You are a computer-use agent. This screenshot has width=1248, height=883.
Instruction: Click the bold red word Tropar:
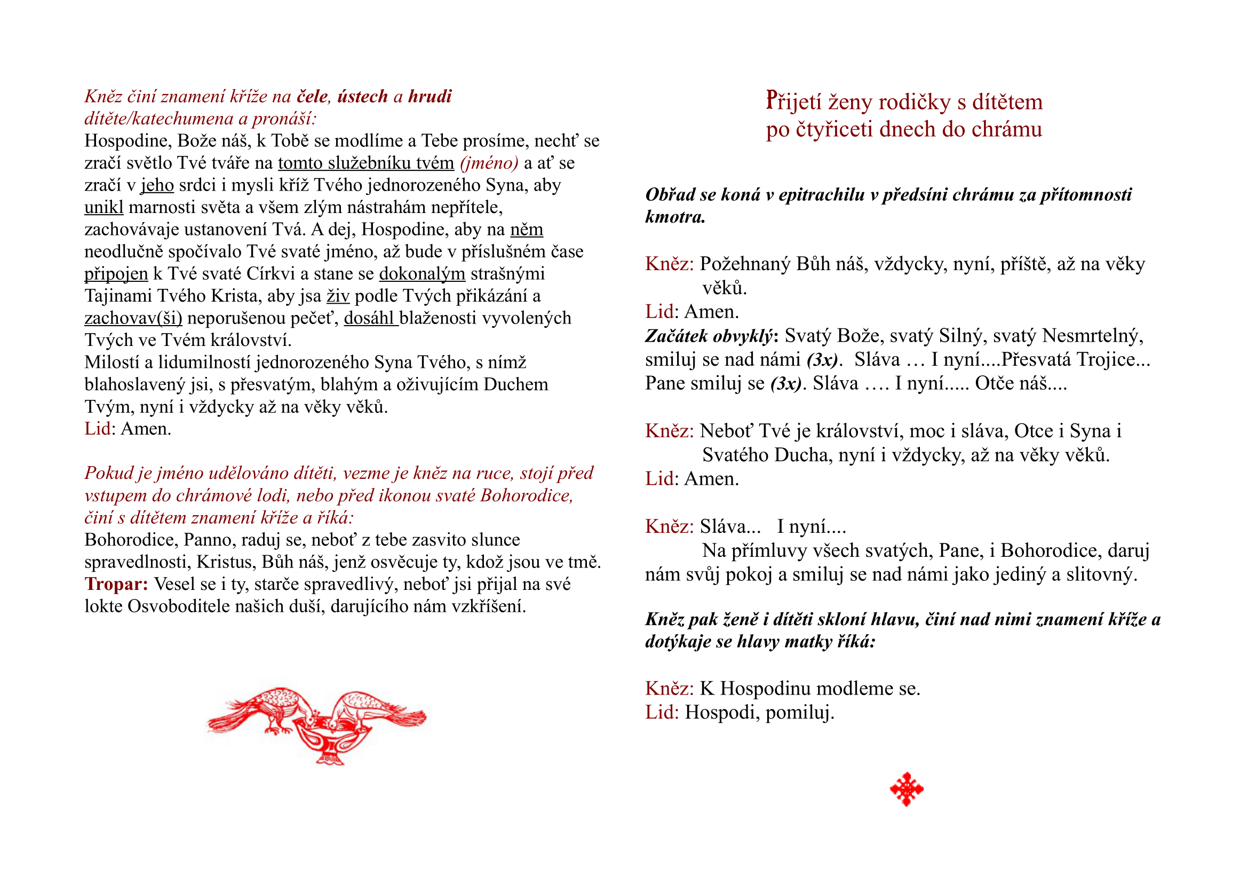[116, 584]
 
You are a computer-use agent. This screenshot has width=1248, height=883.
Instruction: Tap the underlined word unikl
[104, 207]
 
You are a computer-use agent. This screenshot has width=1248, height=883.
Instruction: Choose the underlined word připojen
[116, 273]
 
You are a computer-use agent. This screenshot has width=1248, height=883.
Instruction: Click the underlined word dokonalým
[422, 273]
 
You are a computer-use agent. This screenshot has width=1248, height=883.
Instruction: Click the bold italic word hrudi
[430, 96]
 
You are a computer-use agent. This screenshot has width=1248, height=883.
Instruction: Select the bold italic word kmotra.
[675, 217]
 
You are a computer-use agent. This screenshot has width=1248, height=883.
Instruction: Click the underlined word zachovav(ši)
[133, 318]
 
